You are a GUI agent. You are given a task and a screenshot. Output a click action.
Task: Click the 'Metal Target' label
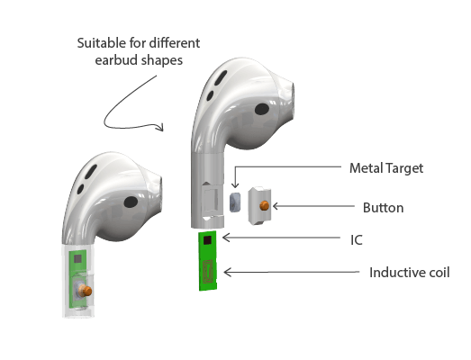pos(386,168)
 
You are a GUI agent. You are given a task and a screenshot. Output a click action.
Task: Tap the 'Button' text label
pos(383,208)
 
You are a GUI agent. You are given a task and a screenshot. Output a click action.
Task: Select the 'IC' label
pos(357,240)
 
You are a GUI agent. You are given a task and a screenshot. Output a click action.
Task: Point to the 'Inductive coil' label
pos(409,273)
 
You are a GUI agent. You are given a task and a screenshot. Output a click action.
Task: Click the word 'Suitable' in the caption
pos(102,43)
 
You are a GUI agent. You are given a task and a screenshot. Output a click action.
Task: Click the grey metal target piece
pos(235,202)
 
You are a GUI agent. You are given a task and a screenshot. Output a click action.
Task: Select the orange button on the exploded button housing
pos(265,206)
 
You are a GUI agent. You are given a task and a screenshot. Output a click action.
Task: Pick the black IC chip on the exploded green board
pos(207,240)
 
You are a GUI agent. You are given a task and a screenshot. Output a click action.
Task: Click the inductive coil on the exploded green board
pos(208,272)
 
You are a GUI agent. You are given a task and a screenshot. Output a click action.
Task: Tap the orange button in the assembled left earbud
pos(86,291)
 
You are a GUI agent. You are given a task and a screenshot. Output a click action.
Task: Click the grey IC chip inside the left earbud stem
pos(77,259)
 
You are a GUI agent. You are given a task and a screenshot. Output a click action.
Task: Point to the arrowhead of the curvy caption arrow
pos(160,127)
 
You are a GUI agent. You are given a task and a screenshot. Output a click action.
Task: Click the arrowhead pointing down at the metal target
pos(236,185)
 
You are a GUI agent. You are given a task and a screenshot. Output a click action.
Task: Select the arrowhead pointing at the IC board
pos(225,238)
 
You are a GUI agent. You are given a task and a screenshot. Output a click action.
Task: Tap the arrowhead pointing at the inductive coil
pos(227,273)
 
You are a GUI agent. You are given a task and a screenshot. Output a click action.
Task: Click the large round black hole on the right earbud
pos(262,109)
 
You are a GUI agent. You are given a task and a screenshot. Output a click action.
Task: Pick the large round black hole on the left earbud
pos(131,202)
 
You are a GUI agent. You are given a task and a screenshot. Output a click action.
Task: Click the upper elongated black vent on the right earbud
pos(221,76)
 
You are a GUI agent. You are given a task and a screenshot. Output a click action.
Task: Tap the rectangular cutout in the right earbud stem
pos(211,199)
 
